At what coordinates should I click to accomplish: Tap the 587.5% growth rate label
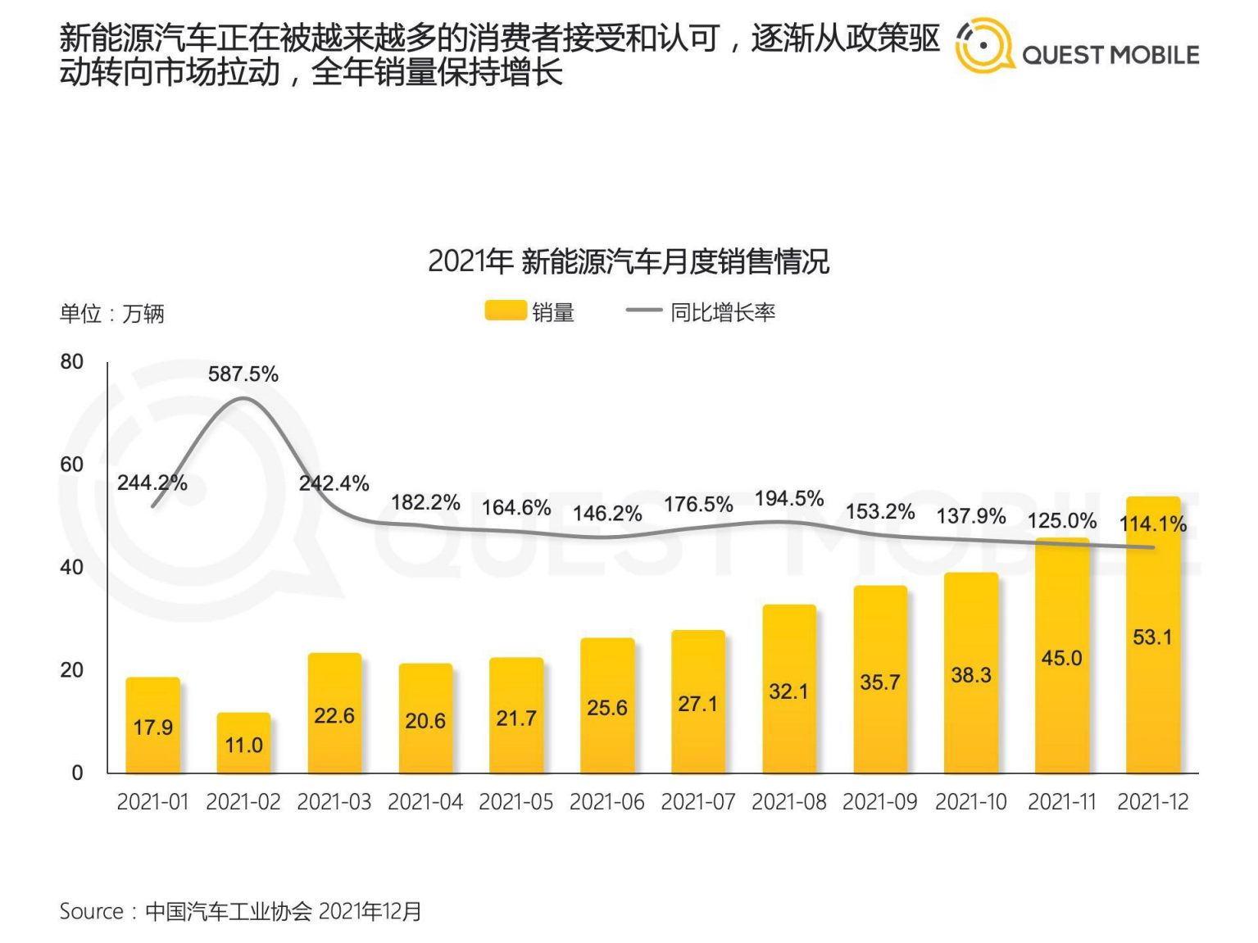[243, 374]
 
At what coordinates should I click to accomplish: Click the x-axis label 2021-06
[606, 801]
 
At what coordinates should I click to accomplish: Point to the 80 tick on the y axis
[72, 362]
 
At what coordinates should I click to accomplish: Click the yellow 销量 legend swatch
[505, 311]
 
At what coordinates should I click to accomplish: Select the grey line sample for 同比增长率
[643, 311]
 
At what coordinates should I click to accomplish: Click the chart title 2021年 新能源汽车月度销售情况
[629, 261]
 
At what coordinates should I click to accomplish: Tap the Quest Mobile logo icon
[984, 46]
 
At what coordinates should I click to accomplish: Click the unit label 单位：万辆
[111, 313]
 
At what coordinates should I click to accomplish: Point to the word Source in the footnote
[91, 911]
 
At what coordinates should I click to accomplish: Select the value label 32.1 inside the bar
[788, 691]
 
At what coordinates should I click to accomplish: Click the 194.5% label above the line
[788, 498]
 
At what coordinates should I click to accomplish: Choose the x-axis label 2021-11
[1061, 801]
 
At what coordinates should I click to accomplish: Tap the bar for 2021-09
[880, 680]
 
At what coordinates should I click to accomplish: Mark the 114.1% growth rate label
[1152, 524]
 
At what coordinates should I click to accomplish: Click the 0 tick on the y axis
[77, 773]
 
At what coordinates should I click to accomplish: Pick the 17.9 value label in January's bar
[152, 728]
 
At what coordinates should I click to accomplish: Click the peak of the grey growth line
[243, 398]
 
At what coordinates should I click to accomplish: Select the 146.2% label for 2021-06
[606, 514]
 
